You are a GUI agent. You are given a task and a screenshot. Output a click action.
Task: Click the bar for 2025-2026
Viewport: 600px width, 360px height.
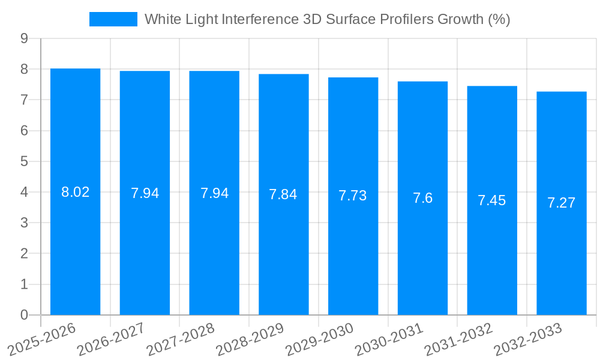pos(75,192)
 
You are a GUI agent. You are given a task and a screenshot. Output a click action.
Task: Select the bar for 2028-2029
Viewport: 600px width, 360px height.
pos(283,194)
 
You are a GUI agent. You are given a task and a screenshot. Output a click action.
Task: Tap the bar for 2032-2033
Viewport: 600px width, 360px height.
pos(561,203)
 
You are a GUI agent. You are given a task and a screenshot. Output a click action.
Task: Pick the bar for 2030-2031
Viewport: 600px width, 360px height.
pos(422,198)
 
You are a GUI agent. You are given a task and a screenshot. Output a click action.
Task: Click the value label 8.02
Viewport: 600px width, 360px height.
pos(75,193)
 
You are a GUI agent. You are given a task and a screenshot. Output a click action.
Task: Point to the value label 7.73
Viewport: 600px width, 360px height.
pos(353,196)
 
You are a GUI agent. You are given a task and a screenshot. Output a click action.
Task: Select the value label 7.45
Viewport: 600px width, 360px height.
pos(492,201)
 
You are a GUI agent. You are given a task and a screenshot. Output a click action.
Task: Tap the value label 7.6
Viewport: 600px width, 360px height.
pos(422,199)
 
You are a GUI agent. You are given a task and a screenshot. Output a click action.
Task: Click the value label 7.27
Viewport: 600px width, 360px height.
pos(561,203)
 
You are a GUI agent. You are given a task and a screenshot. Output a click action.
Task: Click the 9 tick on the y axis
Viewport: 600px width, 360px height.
pos(24,38)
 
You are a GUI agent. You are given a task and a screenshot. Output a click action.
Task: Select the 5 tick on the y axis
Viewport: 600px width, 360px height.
pos(24,161)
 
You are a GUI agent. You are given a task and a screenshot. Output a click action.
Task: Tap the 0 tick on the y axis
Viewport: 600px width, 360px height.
pos(24,315)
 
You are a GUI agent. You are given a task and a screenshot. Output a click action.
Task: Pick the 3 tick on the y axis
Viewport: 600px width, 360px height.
pos(24,223)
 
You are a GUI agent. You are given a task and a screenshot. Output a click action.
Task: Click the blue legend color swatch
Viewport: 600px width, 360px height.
pos(113,19)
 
